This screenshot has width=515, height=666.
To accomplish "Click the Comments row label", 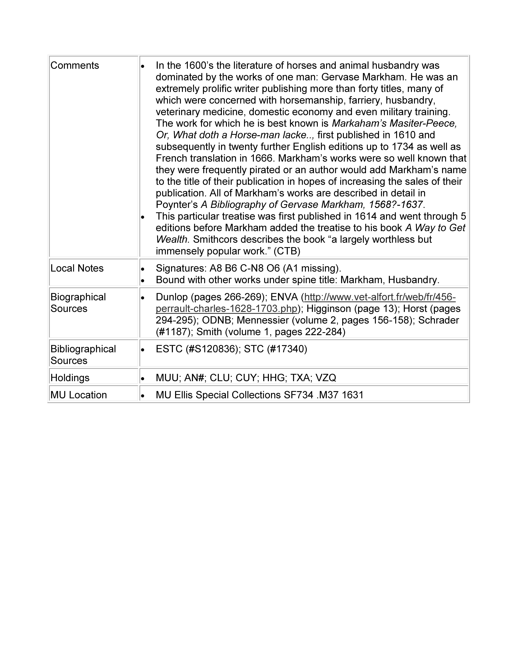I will point(75,66).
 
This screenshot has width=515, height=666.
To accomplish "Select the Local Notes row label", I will point(77,268).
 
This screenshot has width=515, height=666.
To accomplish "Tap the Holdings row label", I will point(70,378).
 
